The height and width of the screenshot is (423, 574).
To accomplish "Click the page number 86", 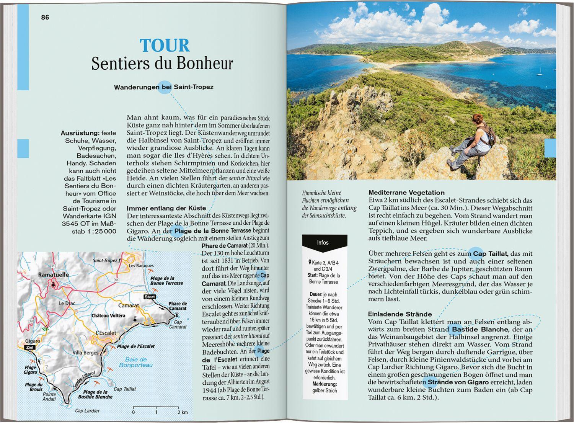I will pos(45,17).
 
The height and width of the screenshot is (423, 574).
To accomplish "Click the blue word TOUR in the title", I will pos(165,46).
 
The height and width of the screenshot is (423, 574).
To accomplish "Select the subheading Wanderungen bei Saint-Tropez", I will pos(163,87).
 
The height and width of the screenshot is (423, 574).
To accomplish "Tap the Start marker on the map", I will pos(150,297).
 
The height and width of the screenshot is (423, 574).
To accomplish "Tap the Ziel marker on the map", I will pos(29,348).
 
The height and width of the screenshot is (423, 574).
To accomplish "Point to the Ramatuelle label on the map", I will pos(54,274).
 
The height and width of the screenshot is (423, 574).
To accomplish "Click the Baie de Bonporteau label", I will pos(136,362).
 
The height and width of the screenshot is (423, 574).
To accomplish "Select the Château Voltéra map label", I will pos(108,316).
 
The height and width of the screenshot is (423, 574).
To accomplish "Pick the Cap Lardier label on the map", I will pos(87,411).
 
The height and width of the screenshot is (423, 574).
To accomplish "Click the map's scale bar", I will pos(160,407).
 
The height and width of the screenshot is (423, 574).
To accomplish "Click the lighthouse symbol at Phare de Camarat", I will pos(176,315).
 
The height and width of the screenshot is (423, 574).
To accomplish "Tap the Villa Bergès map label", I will pos(85,353).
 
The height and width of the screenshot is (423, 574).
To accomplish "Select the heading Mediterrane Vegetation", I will pos(406,193).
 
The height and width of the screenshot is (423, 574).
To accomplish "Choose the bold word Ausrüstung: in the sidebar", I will pos(80,133).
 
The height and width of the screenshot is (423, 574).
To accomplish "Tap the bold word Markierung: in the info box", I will pos(325,384).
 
